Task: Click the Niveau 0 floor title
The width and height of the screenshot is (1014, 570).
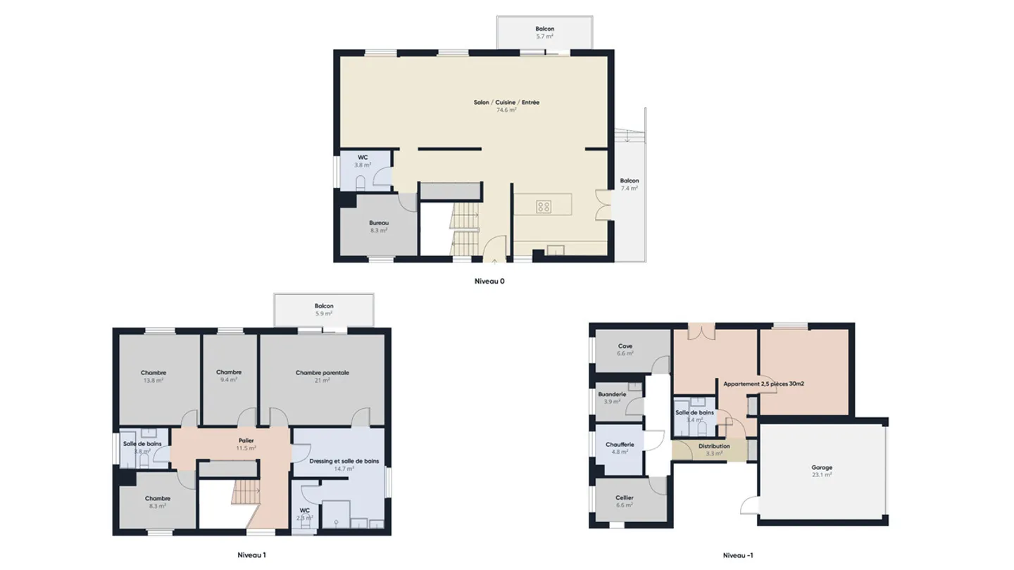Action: click(x=489, y=281)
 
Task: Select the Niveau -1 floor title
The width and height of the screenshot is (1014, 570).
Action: click(x=737, y=555)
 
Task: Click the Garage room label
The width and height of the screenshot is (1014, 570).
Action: click(x=821, y=467)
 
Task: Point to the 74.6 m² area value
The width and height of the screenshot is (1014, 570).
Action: click(x=506, y=110)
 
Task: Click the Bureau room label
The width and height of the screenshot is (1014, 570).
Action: click(x=379, y=222)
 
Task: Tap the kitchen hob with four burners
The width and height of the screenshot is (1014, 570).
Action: click(x=544, y=206)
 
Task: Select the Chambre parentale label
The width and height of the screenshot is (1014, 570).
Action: click(x=323, y=373)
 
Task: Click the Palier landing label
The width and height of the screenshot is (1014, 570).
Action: click(x=246, y=440)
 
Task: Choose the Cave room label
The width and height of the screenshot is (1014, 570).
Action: click(x=625, y=346)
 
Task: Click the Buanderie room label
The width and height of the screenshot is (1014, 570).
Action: click(x=613, y=394)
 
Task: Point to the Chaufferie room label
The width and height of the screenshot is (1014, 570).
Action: click(x=620, y=444)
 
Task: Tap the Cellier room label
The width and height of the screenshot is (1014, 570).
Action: click(x=625, y=497)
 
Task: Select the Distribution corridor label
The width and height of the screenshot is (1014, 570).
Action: click(x=714, y=446)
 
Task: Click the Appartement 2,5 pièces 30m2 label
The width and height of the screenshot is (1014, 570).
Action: click(x=763, y=384)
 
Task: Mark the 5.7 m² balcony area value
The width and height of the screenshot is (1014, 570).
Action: click(x=544, y=37)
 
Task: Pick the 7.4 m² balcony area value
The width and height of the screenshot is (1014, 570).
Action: click(x=629, y=189)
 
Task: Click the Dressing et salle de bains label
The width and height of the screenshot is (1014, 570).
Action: click(x=344, y=461)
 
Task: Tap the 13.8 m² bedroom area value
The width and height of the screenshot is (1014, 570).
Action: click(x=153, y=381)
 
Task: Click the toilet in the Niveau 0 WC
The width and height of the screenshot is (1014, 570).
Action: click(x=361, y=183)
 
